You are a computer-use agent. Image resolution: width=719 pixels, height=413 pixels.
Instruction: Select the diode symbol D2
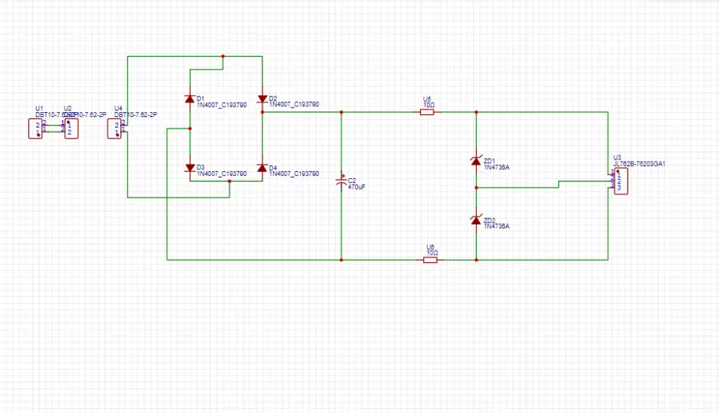pyautogui.click(x=262, y=98)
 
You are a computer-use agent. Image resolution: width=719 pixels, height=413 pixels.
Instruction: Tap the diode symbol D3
pyautogui.click(x=190, y=168)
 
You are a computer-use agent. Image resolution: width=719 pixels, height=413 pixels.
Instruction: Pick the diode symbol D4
pyautogui.click(x=262, y=168)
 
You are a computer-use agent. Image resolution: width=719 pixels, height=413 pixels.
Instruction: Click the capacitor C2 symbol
pyautogui.click(x=342, y=182)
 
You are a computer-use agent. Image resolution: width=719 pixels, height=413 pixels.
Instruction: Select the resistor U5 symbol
pyautogui.click(x=427, y=112)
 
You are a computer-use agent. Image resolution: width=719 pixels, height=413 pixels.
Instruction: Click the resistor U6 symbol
pyautogui.click(x=430, y=259)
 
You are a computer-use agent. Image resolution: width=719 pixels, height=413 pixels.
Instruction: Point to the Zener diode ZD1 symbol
pyautogui.click(x=475, y=161)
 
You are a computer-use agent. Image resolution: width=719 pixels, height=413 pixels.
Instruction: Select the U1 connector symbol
pyautogui.click(x=35, y=129)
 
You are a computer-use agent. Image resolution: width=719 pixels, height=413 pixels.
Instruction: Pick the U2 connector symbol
pyautogui.click(x=70, y=129)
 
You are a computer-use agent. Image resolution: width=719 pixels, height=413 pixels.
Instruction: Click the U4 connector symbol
pyautogui.click(x=114, y=129)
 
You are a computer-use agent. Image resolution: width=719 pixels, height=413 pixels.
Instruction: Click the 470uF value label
pyautogui.click(x=357, y=187)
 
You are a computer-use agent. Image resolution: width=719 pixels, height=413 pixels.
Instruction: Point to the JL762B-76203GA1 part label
pyautogui.click(x=639, y=164)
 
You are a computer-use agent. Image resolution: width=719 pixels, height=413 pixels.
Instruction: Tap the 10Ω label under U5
pyautogui.click(x=429, y=105)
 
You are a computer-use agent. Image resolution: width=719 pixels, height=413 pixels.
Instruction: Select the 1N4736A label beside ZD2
pyautogui.click(x=496, y=226)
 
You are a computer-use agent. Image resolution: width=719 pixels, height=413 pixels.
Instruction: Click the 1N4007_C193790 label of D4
pyautogui.click(x=294, y=174)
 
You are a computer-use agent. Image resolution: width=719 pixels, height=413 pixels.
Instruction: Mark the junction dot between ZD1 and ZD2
pyautogui.click(x=475, y=187)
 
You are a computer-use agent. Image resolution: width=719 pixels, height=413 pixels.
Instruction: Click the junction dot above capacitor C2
pyautogui.click(x=341, y=112)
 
